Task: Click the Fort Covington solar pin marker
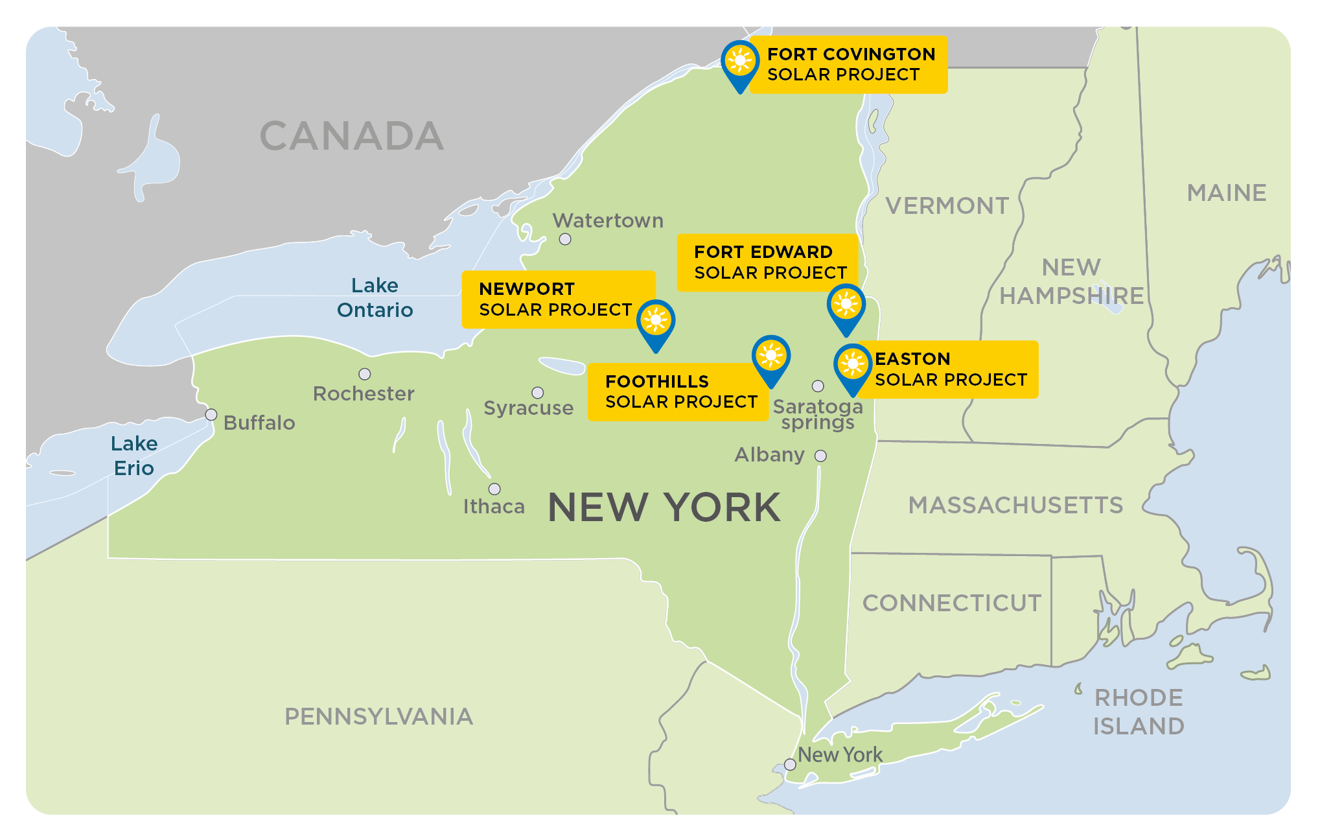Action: (x=739, y=62)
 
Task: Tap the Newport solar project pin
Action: (x=656, y=321)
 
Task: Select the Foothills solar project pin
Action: (x=770, y=357)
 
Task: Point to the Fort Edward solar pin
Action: (x=846, y=305)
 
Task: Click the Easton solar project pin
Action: (x=852, y=366)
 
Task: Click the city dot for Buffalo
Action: (x=211, y=415)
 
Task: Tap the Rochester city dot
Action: (x=365, y=374)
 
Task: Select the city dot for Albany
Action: (x=820, y=456)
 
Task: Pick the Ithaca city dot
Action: (x=494, y=489)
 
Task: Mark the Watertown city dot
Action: (x=565, y=239)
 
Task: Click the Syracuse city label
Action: (x=528, y=408)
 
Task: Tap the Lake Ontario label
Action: (x=375, y=297)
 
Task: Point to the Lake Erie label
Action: (x=134, y=456)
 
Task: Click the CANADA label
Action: (x=352, y=136)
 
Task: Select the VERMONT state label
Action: (x=947, y=206)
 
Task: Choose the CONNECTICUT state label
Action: (x=951, y=603)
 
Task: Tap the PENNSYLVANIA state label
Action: (x=378, y=716)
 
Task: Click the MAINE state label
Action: (x=1226, y=192)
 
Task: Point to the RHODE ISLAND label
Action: (x=1139, y=712)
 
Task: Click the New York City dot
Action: (x=790, y=764)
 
